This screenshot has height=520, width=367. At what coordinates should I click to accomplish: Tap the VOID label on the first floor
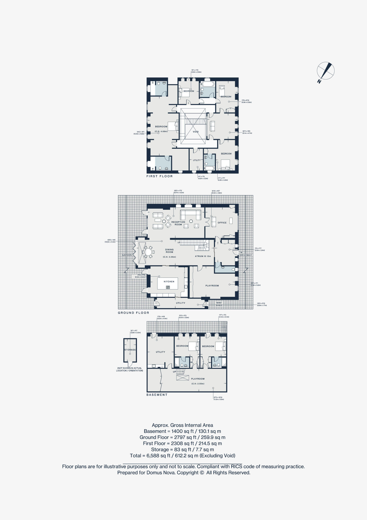click(196, 132)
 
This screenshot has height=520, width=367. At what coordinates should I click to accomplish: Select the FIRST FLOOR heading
click(159, 176)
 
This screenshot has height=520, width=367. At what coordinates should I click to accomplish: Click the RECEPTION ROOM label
click(178, 223)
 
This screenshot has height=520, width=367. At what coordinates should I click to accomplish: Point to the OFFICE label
click(222, 223)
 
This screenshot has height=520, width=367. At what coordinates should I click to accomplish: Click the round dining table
click(148, 252)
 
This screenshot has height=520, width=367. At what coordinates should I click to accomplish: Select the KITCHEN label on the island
click(169, 282)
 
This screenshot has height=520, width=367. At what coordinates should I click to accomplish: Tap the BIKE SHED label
click(219, 304)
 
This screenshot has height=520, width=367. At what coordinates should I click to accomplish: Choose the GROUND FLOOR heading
click(133, 313)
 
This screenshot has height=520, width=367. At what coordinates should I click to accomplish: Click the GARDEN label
click(127, 255)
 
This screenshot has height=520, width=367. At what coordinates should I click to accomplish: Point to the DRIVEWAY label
click(246, 255)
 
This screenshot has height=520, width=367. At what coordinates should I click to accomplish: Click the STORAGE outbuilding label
click(130, 350)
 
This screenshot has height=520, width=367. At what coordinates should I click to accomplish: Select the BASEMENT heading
click(157, 395)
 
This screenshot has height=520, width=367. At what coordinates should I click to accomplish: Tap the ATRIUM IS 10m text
click(203, 256)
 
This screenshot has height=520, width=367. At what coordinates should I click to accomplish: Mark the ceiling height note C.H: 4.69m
click(161, 132)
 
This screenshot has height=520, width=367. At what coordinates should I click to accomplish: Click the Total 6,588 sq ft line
click(182, 456)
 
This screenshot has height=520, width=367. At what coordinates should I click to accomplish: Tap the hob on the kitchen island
click(168, 287)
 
